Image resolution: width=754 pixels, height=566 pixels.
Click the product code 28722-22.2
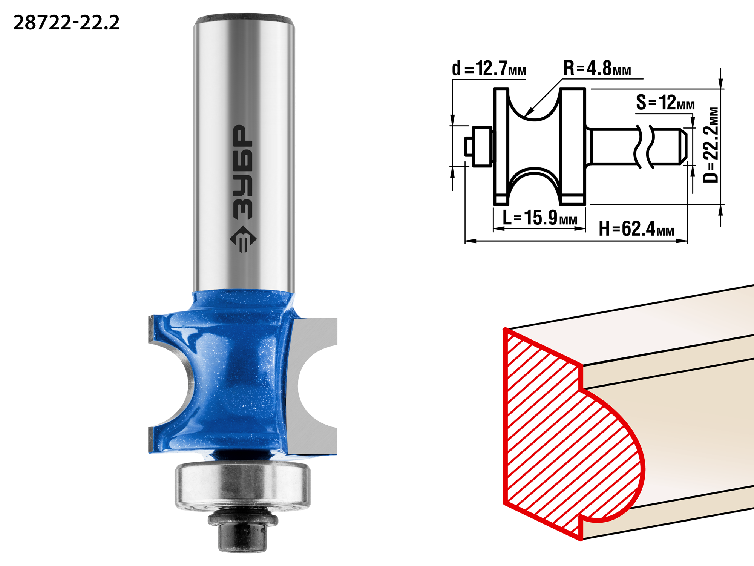pyautogui.click(x=66, y=23)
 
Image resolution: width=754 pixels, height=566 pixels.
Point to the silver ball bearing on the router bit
pyautogui.click(x=243, y=486)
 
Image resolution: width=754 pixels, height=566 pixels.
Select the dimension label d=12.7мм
pyautogui.click(x=489, y=68)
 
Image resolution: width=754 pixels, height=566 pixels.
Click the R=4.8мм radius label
pyautogui.click(x=597, y=68)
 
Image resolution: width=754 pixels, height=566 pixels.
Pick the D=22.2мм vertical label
pyautogui.click(x=711, y=145)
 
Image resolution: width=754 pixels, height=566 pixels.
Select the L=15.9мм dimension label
pyautogui.click(x=540, y=218)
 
